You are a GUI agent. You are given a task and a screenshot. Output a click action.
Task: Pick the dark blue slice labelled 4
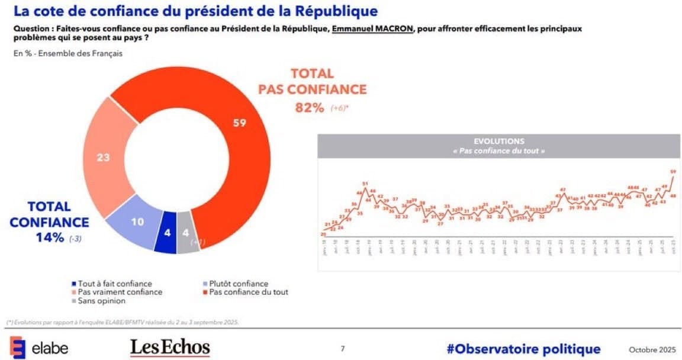tap(167, 233)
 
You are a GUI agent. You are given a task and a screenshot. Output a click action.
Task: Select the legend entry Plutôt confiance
tap(239, 284)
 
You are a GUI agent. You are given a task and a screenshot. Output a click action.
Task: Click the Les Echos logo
tap(170, 348)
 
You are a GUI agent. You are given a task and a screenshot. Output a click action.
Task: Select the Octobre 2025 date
tap(652, 349)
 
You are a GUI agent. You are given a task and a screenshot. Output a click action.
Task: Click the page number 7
tap(343, 349)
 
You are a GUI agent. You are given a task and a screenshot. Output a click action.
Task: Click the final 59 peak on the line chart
tap(673, 172)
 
